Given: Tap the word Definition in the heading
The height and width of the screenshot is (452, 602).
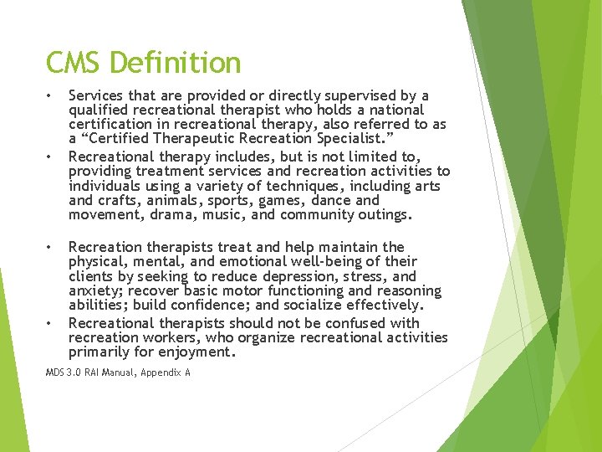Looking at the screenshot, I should click(175, 63).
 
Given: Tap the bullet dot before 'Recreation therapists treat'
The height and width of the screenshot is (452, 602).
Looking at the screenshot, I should click(50, 247).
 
